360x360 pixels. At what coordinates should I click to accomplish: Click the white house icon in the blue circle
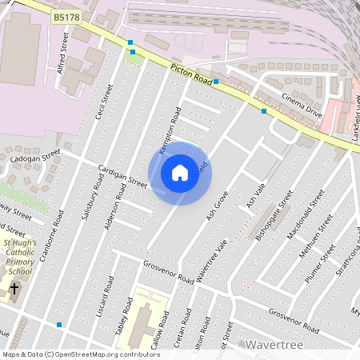tap(180, 172)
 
